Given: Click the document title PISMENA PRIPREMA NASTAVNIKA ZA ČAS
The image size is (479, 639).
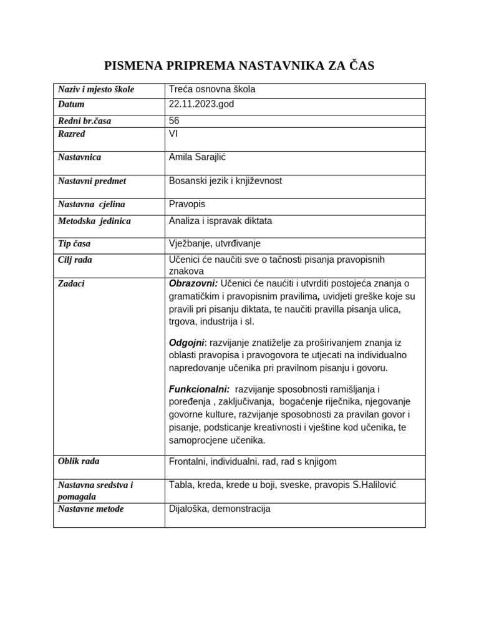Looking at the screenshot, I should click(x=239, y=66).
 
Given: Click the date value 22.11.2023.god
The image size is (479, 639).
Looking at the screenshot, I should click(x=201, y=104).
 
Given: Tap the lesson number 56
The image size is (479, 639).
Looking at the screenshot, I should click(x=174, y=120).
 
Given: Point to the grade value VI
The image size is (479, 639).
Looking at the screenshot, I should click(x=173, y=134).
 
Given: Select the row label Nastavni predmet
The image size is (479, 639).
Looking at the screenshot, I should click(x=92, y=181).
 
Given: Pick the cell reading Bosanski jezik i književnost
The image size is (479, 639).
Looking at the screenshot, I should click(x=225, y=181).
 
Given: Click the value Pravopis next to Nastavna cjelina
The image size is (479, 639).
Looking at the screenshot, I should click(x=186, y=205).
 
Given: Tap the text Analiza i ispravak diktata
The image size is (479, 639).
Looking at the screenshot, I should click(x=220, y=221).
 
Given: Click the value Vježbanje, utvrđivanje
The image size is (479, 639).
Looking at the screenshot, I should click(x=214, y=244).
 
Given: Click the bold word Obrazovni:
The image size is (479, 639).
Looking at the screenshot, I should click(x=193, y=283).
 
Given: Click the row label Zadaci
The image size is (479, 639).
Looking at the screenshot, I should click(x=71, y=283).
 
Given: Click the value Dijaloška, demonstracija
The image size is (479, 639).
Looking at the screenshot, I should click(x=220, y=509).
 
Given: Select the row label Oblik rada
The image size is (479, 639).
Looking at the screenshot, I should click(x=79, y=461).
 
